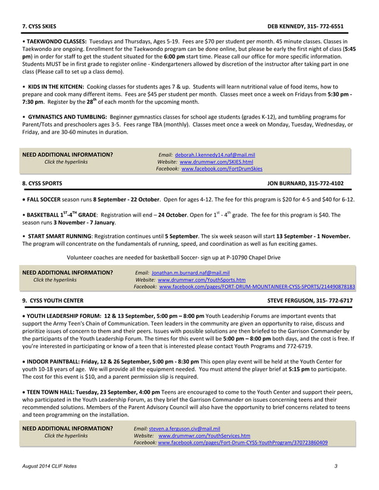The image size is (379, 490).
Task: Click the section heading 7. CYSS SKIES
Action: pos(39,27)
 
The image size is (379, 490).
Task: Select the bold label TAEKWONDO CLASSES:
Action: pos(56,42)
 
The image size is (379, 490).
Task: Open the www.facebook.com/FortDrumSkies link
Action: pos(222,169)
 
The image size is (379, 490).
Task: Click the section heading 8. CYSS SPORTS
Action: pos(42,184)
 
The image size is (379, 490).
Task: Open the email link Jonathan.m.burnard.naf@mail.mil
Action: pos(191,272)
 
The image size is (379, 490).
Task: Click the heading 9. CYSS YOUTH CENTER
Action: pos(52,301)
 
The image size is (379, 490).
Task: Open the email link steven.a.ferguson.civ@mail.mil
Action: pos(185,428)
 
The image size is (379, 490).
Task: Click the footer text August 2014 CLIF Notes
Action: pos(49,467)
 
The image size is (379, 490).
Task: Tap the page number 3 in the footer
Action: pos(336,467)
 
